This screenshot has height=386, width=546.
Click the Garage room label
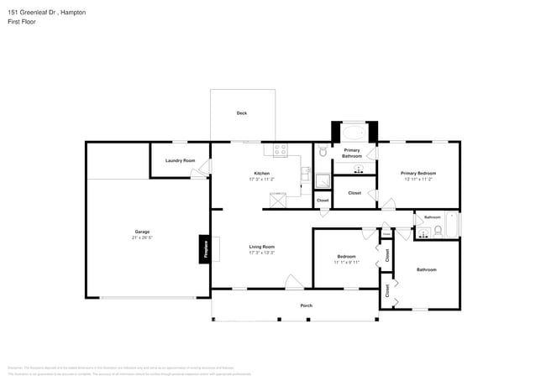tap(143, 232)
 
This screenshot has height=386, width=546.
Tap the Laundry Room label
tap(180, 160)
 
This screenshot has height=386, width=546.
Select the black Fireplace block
tap(204, 249)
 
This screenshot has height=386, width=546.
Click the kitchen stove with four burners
tap(280, 150)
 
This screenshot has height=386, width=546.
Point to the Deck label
tap(242, 112)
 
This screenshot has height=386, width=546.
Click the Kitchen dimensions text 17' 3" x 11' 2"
tap(262, 179)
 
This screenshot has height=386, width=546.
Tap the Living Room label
tap(262, 247)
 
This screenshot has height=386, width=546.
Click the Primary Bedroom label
tap(418, 173)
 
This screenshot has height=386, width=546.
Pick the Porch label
tap(307, 305)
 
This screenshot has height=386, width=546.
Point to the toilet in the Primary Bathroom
tap(322, 153)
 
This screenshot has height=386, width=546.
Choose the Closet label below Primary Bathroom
tap(354, 192)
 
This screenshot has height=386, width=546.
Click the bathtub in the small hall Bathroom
tap(451, 225)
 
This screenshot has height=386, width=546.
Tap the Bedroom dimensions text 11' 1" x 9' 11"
tap(346, 263)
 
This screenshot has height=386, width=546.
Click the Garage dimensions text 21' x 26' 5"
tap(143, 237)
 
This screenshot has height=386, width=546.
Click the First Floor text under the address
tap(23, 22)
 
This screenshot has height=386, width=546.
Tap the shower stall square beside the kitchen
tap(323, 180)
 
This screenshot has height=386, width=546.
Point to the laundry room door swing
tap(198, 173)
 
